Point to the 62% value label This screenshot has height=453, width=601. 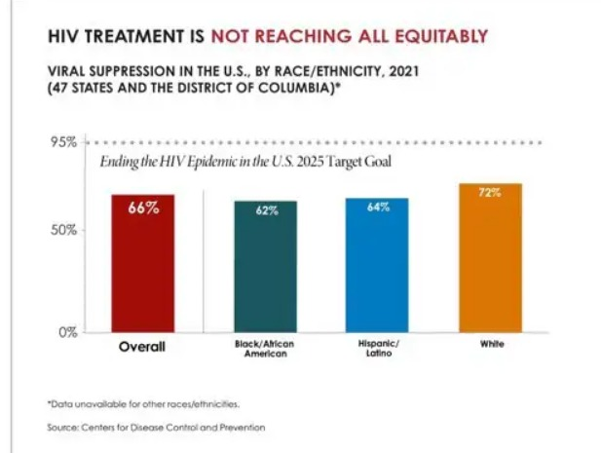pyautogui.click(x=266, y=210)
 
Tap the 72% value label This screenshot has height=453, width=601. pyautogui.click(x=490, y=193)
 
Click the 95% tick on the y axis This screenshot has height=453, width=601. pyautogui.click(x=64, y=142)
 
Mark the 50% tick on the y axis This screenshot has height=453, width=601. pyautogui.click(x=64, y=231)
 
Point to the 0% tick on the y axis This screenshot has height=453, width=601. pyautogui.click(x=66, y=332)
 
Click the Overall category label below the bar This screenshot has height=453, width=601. pyautogui.click(x=141, y=347)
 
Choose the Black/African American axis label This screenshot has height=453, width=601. pyautogui.click(x=265, y=351)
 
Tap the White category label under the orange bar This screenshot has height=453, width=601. pyautogui.click(x=490, y=345)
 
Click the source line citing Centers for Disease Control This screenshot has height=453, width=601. pyautogui.click(x=156, y=427)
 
